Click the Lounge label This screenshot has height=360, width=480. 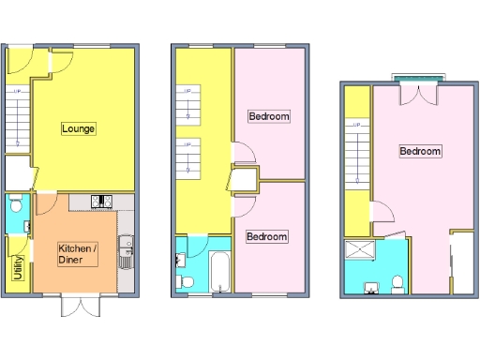[x=79, y=128]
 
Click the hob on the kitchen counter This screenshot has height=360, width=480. [x=102, y=201]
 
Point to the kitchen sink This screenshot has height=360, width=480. [x=127, y=247]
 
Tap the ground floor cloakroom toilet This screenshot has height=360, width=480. [x=16, y=205]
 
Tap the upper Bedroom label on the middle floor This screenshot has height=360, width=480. [x=268, y=116]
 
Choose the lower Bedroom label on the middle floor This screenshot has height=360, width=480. [x=266, y=236]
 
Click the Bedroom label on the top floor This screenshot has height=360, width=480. [x=420, y=151]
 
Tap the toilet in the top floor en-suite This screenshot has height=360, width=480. [x=397, y=282]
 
